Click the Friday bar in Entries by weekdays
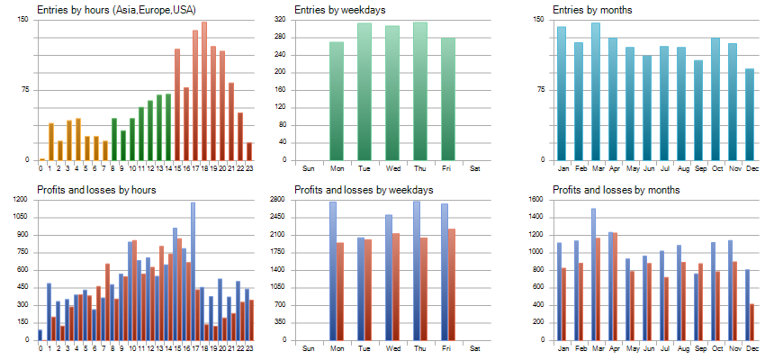447,99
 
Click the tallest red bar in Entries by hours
204,91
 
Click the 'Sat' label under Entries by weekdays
475,168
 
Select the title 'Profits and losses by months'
616,190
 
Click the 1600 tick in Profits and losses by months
536,200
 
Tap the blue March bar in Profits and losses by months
593,274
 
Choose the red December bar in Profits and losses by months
752,322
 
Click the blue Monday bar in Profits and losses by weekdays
332,271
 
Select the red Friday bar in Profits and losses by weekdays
451,284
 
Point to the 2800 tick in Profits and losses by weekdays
279,200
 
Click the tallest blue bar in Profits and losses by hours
193,271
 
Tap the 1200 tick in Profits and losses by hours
21,200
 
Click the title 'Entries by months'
594,10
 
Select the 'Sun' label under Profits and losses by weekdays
309,348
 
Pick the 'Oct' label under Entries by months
716,168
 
